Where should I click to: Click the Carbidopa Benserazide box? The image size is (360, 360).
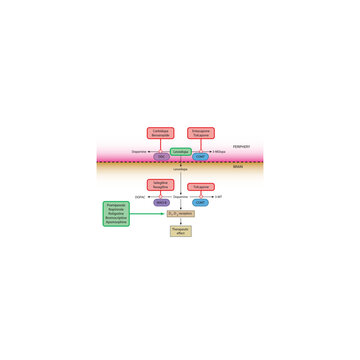pyautogui.click(x=159, y=133)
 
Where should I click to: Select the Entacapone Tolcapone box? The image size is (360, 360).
pyautogui.click(x=201, y=133)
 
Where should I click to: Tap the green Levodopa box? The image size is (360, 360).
pyautogui.click(x=180, y=152)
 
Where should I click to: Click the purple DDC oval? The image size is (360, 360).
pyautogui.click(x=160, y=156)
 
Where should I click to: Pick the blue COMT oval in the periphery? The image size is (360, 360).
pyautogui.click(x=200, y=156)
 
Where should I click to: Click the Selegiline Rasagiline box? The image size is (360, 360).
pyautogui.click(x=160, y=185)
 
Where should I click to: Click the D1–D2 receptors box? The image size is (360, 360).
pyautogui.click(x=180, y=213)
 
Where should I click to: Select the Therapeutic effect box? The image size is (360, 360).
pyautogui.click(x=180, y=231)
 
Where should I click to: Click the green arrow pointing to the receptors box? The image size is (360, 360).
pyautogui.click(x=150, y=213)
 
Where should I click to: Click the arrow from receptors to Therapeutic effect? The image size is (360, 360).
pyautogui.click(x=180, y=221)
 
